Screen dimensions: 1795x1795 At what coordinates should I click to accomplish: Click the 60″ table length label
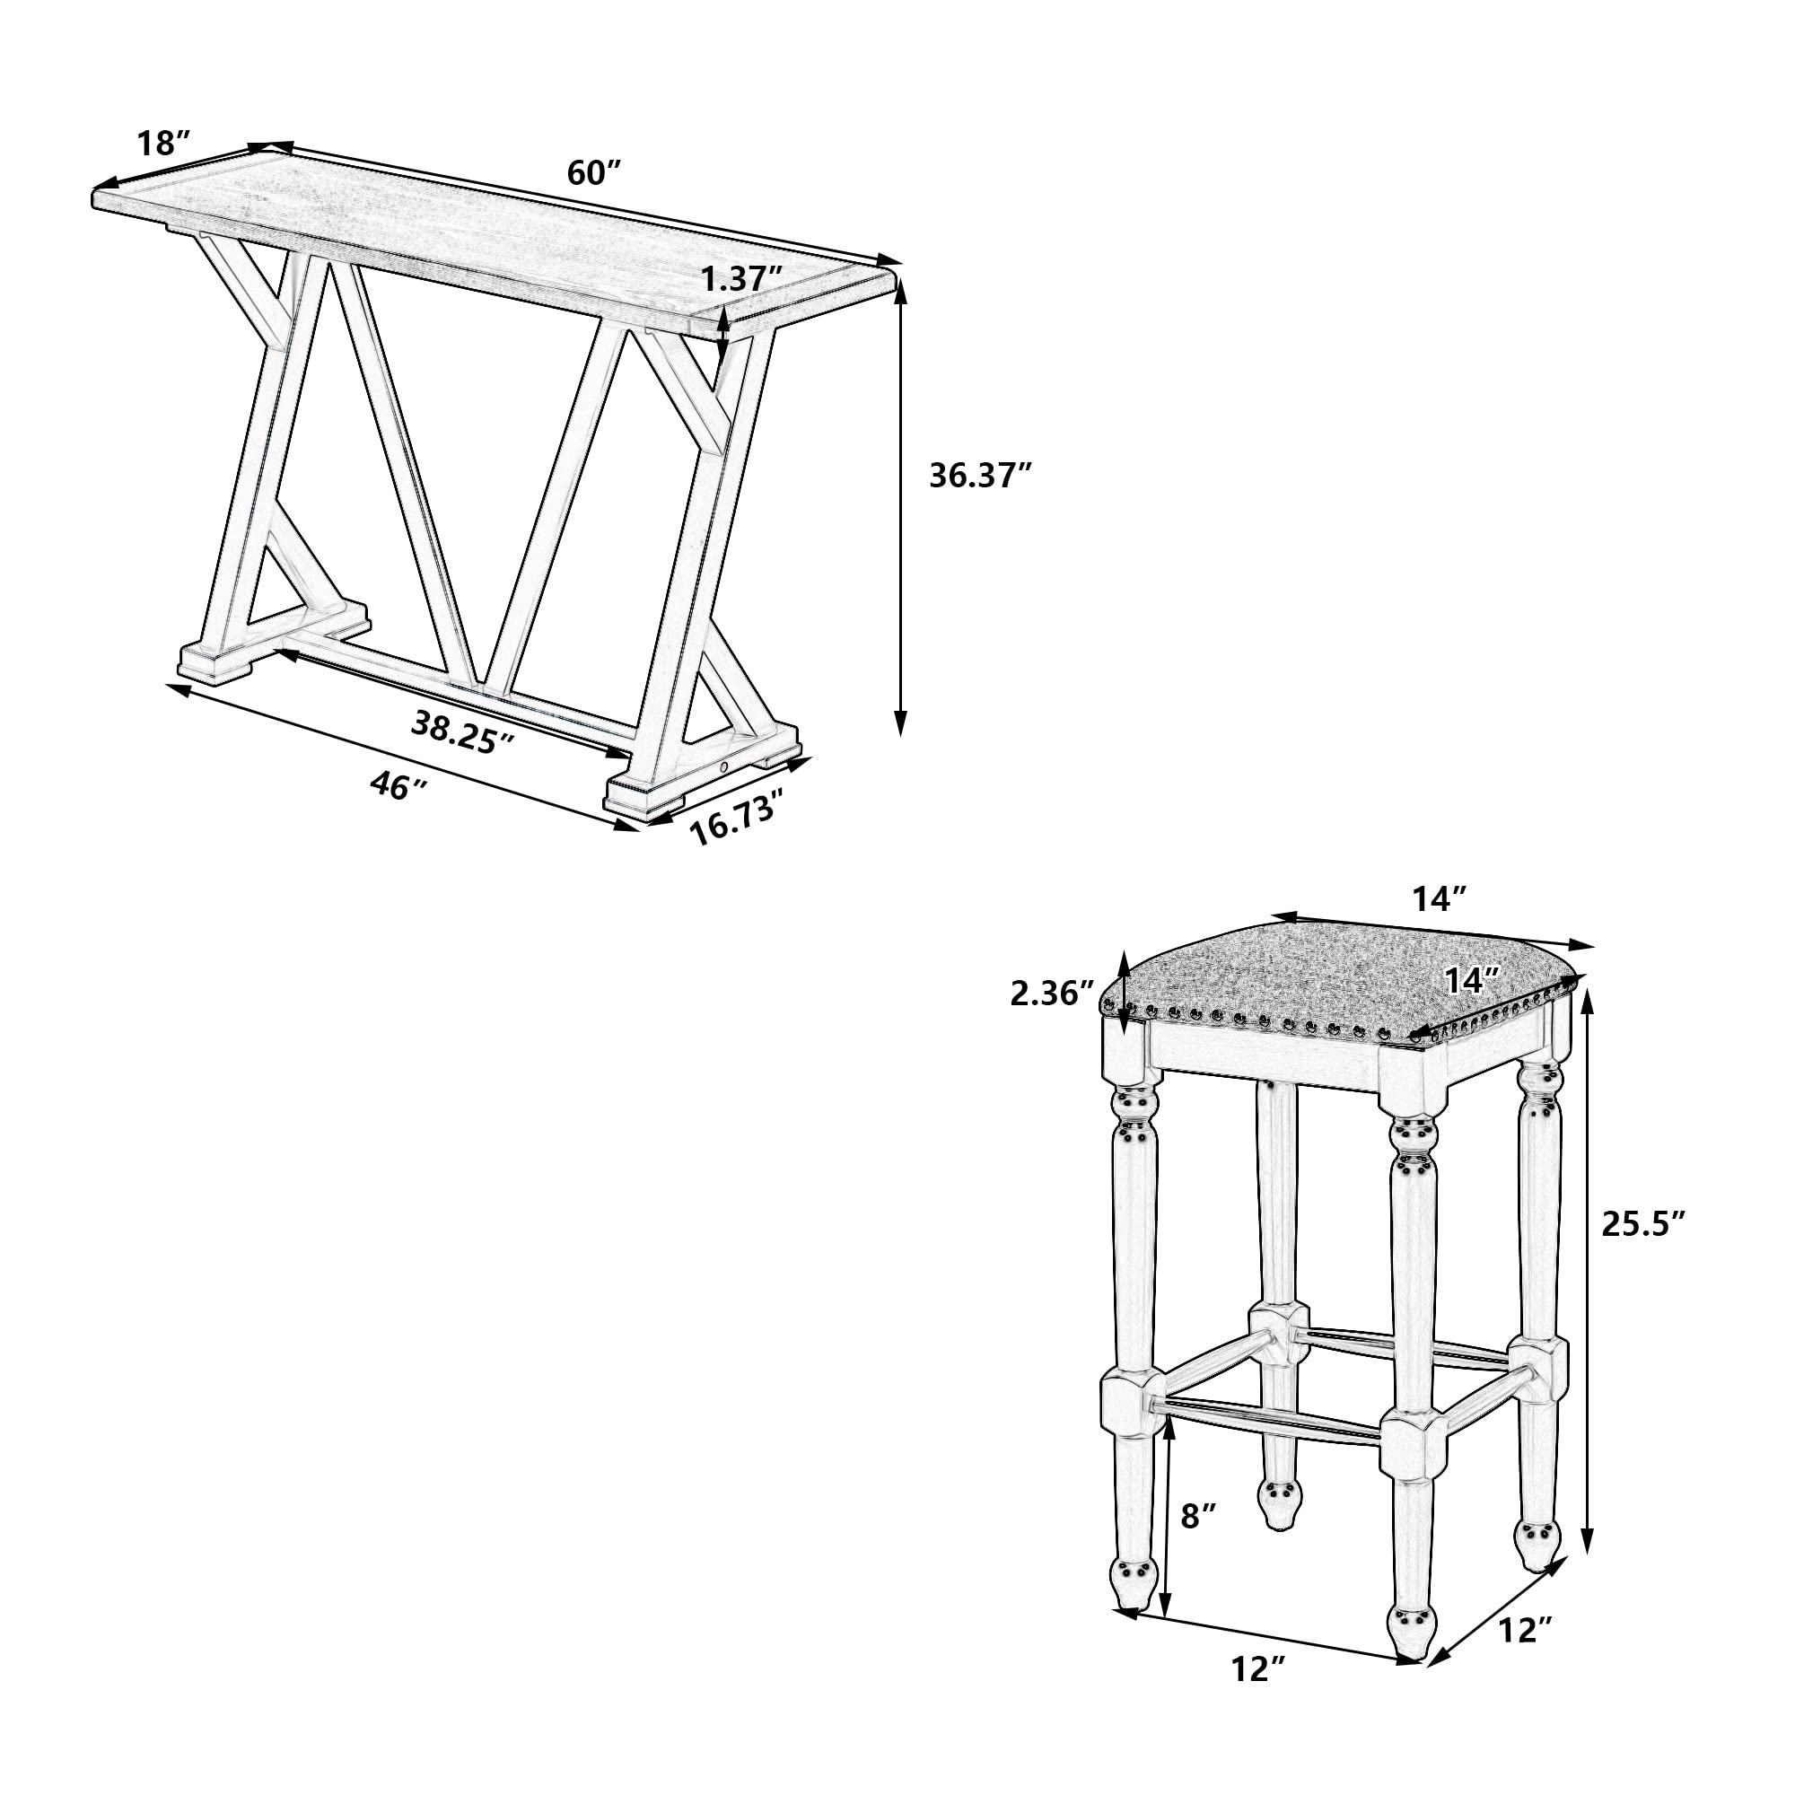pos(592,174)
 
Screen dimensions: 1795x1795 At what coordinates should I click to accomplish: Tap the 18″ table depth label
pos(163,144)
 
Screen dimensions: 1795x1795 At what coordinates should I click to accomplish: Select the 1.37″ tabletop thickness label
pos(740,278)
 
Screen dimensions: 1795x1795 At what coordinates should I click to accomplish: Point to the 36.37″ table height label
pos(980,476)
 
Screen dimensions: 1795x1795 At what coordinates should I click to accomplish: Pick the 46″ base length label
pos(398,786)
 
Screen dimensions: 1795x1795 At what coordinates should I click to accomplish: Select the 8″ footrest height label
pos(1197,1516)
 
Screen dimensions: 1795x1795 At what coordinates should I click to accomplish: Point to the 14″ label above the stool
pos(1440,898)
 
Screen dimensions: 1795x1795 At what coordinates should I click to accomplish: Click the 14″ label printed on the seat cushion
pos(1473,980)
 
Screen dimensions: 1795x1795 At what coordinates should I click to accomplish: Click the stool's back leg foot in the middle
pos(1278,1503)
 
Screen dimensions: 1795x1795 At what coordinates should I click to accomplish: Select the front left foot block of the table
pos(216,660)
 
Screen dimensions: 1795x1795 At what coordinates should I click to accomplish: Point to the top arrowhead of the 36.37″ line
pos(899,294)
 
